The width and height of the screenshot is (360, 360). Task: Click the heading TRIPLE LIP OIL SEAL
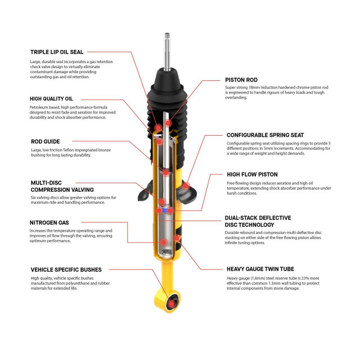point(56,52)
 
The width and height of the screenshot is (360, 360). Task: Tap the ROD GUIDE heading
point(44,141)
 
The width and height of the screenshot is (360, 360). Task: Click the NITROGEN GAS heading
point(49,222)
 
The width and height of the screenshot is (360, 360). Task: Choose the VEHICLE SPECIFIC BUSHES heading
point(66,269)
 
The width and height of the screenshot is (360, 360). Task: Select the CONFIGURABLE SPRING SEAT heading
point(265,135)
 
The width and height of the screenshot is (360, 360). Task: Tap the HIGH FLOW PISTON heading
point(252,174)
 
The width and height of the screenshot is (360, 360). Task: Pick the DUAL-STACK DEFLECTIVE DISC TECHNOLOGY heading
point(258,220)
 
